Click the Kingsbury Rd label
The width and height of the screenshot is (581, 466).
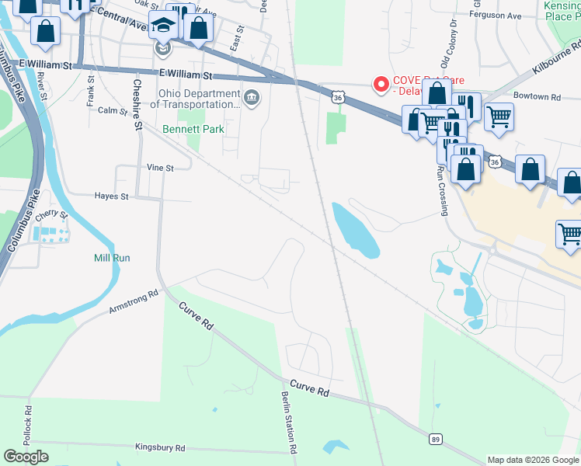(160, 448)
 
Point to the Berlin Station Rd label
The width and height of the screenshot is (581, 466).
(290, 421)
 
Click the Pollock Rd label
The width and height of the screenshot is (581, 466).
(30, 426)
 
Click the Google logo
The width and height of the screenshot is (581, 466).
(26, 457)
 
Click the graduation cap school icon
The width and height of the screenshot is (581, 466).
(163, 28)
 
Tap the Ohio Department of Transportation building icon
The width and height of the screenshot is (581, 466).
(252, 98)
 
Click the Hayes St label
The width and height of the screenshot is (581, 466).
(111, 196)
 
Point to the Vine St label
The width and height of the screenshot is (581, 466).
(158, 167)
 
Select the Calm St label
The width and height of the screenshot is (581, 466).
(113, 110)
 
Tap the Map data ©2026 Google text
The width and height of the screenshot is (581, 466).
(533, 460)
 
